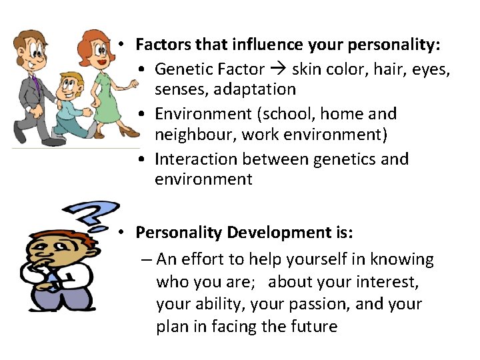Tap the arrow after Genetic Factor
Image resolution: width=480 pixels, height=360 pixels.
(x=279, y=69)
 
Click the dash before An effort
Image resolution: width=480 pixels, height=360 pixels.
(x=146, y=259)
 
